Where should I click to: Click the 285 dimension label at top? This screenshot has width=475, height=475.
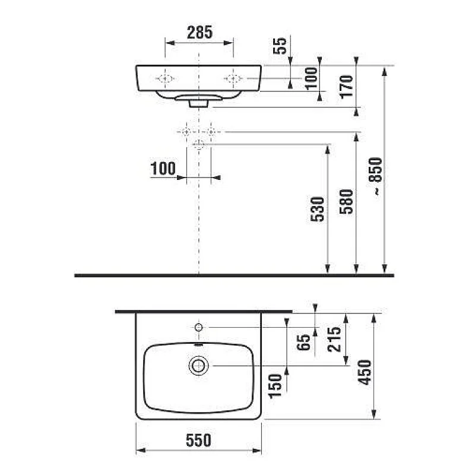coord(199,33)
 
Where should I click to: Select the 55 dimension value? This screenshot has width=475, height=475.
coord(281,45)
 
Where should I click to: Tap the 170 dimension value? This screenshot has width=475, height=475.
coord(347,86)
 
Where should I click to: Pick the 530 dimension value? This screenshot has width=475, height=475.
coord(319,209)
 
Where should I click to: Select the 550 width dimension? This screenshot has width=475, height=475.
coord(198,441)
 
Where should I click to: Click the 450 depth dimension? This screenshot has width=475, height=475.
coord(366,372)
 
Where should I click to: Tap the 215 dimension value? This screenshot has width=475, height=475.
coord(334,339)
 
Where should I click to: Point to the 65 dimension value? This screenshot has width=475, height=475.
coord(305,343)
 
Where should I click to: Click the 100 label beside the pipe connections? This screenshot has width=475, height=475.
coord(163,169)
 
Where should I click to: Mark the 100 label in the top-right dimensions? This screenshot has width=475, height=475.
coord(311,78)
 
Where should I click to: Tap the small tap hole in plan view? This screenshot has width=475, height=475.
coord(198,327)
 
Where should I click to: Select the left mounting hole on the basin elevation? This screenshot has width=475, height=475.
coord(164,78)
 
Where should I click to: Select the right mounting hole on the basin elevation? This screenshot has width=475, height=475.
coord(234,78)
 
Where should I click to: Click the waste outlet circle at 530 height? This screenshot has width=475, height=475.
coord(198,144)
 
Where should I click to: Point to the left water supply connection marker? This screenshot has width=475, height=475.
coord(186,131)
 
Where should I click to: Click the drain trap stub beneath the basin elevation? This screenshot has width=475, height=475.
coord(198,103)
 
